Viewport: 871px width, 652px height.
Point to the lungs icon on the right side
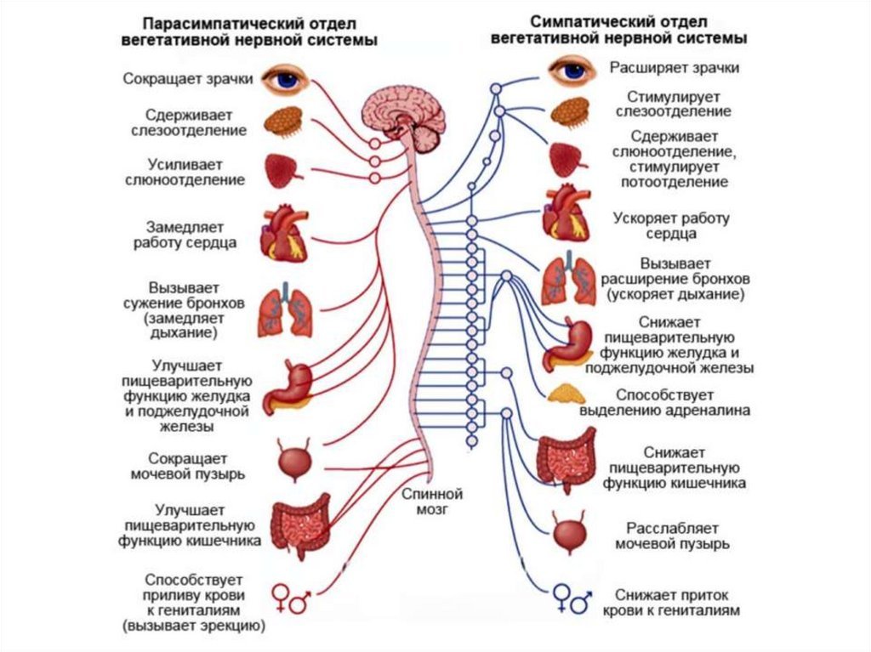(568, 280)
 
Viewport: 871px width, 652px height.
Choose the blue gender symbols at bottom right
(571, 598)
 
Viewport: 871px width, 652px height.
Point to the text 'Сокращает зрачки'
(188, 80)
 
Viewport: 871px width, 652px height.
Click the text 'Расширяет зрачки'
(674, 68)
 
